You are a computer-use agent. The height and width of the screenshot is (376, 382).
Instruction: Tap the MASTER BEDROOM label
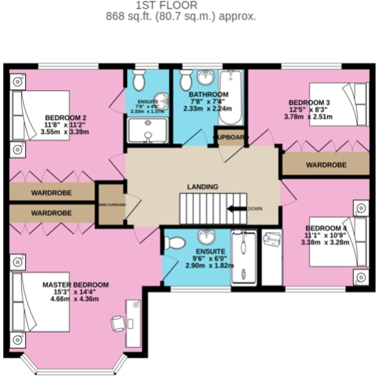coord(75,284)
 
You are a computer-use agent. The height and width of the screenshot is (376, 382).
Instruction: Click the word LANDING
coord(202,186)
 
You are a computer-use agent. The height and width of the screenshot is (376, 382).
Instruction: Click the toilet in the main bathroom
coord(186,80)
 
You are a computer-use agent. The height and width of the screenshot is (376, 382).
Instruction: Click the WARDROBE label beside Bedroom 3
coord(325,165)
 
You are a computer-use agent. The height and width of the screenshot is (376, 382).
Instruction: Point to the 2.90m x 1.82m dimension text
coord(209,266)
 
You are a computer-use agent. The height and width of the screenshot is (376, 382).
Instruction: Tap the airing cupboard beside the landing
coord(110,205)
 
